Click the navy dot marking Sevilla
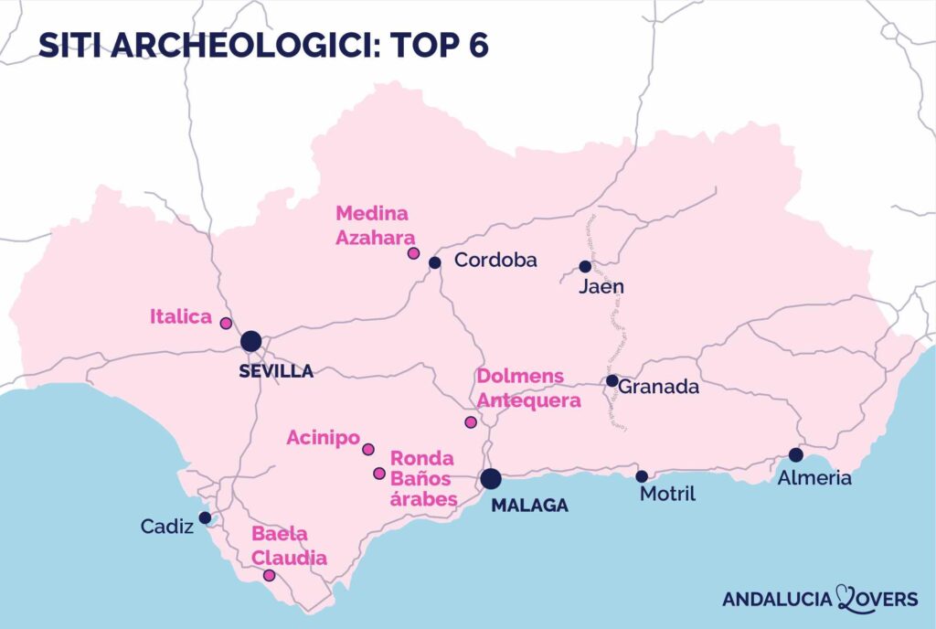251,342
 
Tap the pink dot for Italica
226,323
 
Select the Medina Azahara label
372,225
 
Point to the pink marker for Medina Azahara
413,252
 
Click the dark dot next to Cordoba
435,262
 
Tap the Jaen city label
601,287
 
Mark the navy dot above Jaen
585,267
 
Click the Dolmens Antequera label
528,389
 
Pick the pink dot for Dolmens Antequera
471,422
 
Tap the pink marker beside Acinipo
368,449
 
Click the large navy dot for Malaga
491,478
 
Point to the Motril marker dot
642,476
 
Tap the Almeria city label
814,477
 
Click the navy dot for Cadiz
206,517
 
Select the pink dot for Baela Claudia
269,576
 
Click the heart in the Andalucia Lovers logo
846,598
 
